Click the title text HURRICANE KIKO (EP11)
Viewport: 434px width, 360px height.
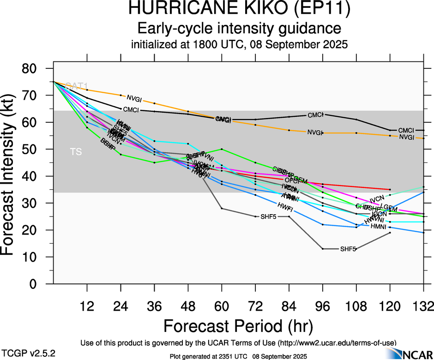point(240,9)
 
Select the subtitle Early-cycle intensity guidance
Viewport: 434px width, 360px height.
point(240,29)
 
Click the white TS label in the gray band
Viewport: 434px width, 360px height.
point(76,152)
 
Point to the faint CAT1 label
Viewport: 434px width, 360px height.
point(76,86)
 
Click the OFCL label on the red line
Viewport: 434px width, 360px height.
point(293,180)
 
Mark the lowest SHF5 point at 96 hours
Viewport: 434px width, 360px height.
point(323,249)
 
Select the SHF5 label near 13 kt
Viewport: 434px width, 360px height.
point(348,249)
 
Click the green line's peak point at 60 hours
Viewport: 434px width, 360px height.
point(222,149)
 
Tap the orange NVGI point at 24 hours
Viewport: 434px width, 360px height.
point(121,95)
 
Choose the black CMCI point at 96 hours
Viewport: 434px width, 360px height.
point(323,114)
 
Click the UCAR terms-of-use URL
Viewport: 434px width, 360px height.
point(336,342)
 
